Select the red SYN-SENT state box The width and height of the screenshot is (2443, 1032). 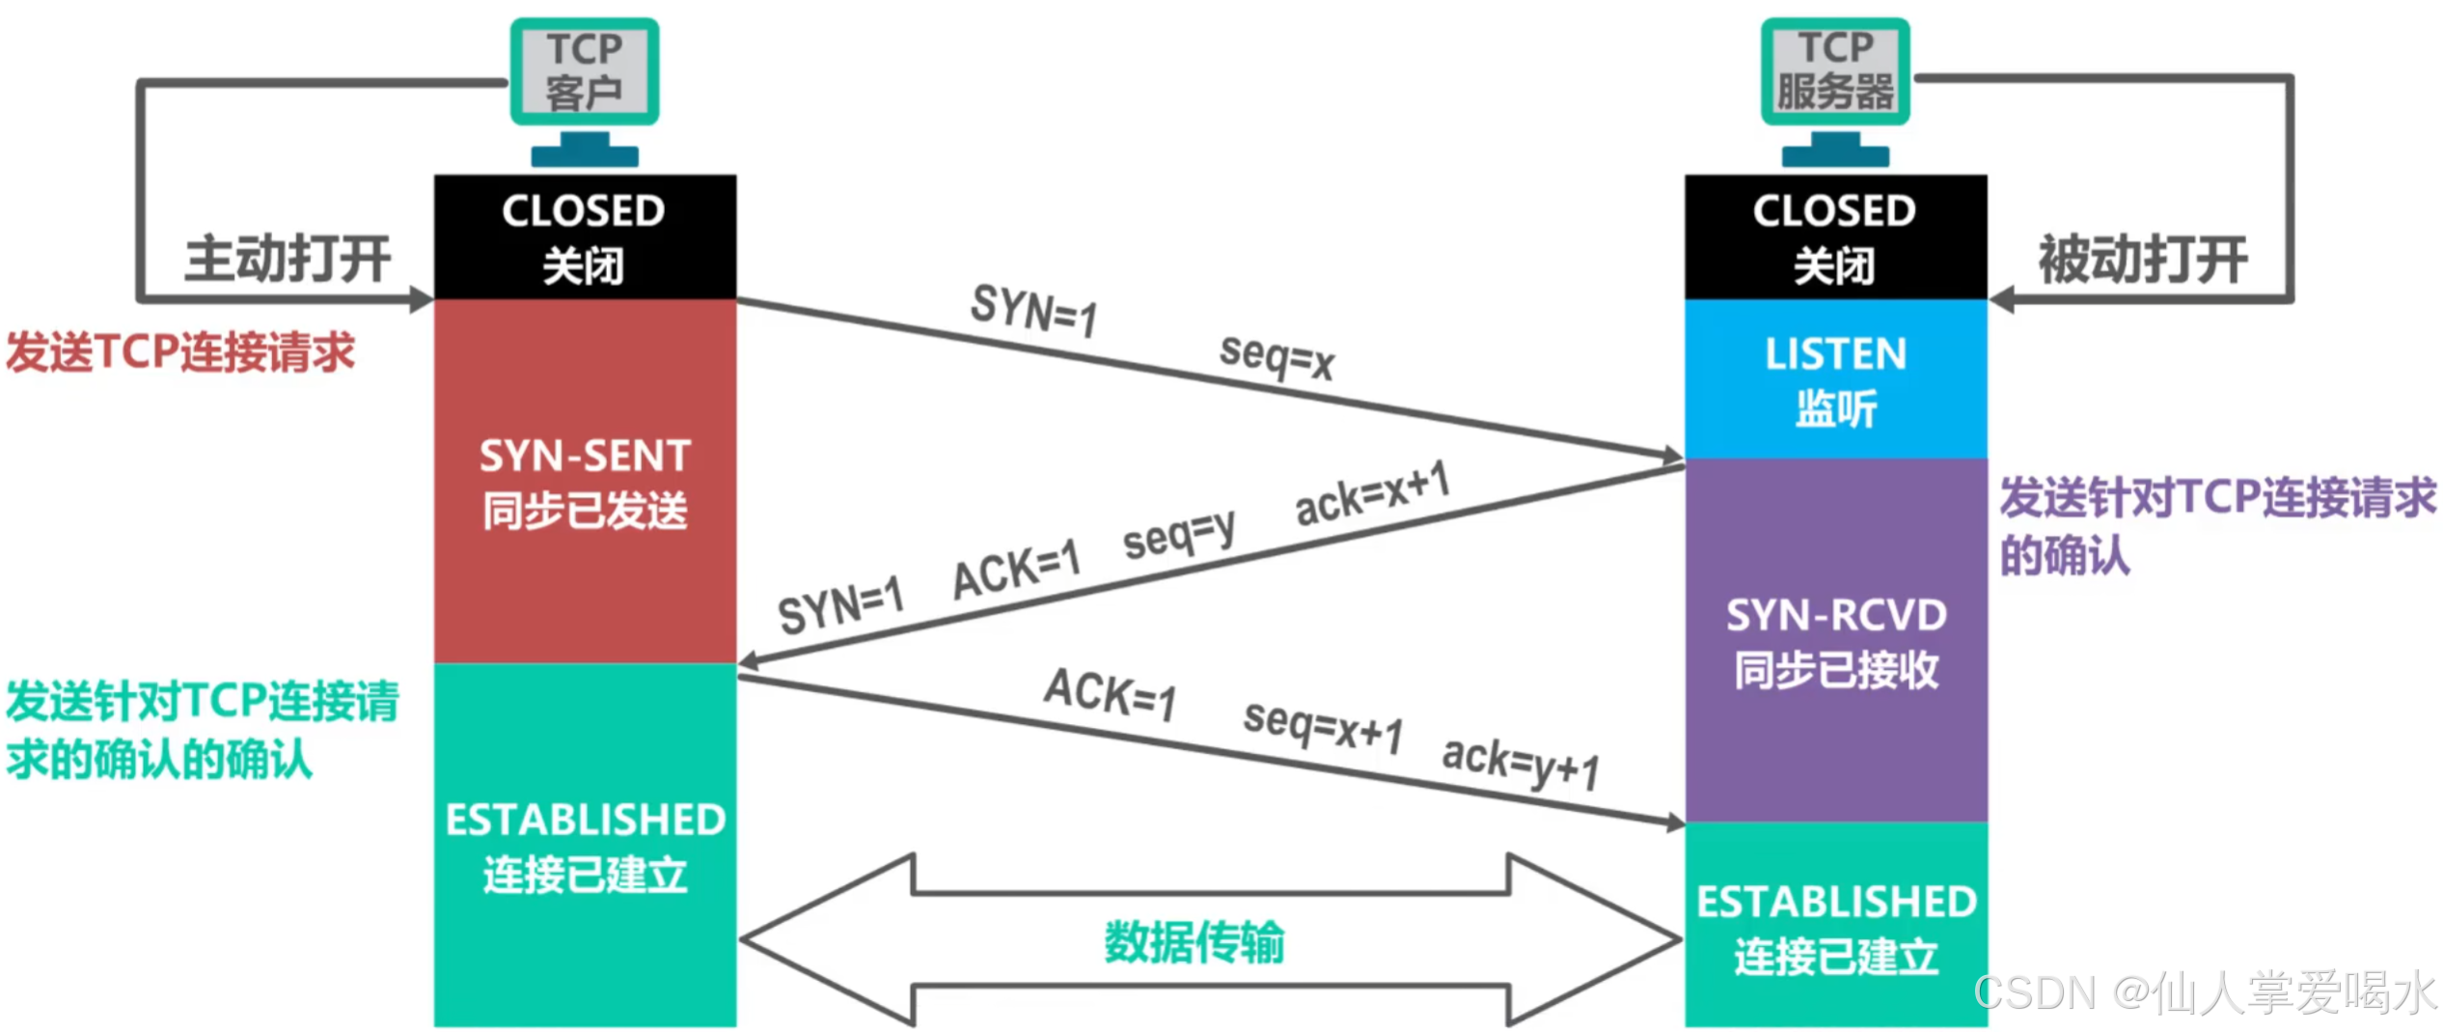[x=585, y=481]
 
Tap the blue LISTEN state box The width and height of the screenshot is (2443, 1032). [x=1835, y=378]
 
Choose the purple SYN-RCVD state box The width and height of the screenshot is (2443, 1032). [x=1835, y=639]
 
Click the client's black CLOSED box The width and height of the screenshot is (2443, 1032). [x=585, y=237]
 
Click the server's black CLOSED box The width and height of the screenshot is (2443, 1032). [x=1835, y=237]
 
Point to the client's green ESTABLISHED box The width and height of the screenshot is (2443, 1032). [x=585, y=844]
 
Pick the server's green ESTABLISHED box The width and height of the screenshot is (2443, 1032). [x=1835, y=925]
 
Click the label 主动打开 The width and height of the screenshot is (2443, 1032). [x=288, y=259]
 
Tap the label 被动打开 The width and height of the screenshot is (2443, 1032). [x=2142, y=259]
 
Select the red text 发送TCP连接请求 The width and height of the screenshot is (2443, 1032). [x=181, y=351]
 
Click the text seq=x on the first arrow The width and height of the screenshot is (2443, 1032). [x=1276, y=357]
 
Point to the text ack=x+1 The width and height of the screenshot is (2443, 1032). [x=1372, y=494]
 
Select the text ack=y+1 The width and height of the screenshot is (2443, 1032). [x=1521, y=763]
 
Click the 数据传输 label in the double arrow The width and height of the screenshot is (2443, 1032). [x=1194, y=941]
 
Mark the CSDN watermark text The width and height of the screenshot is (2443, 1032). [x=2205, y=992]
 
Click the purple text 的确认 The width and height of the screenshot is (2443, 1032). [x=2065, y=556]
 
